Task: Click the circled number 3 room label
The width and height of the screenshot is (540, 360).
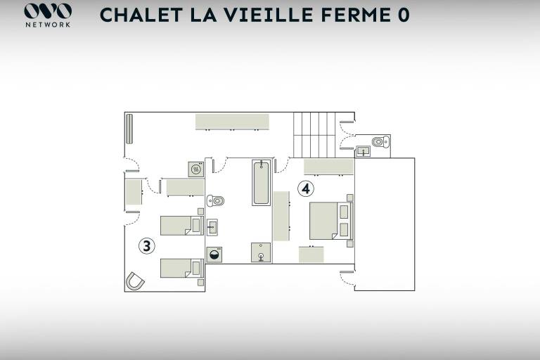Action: click(x=147, y=246)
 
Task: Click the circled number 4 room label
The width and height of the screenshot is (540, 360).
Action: click(x=305, y=188)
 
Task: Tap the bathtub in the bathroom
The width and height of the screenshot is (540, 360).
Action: click(x=261, y=182)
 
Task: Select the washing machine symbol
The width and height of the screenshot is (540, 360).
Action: click(x=214, y=255)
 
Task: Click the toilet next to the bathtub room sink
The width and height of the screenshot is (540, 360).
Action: click(x=215, y=200)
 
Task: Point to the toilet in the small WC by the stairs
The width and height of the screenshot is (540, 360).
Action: click(x=381, y=141)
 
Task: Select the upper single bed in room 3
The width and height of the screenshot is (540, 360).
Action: click(x=182, y=226)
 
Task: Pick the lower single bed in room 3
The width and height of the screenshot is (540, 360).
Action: click(x=182, y=268)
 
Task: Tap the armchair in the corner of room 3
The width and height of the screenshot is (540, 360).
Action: click(x=135, y=281)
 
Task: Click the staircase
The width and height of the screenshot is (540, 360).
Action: click(x=314, y=135)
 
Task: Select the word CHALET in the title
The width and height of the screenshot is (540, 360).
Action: click(x=141, y=15)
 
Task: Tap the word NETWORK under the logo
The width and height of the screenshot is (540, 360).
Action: click(x=48, y=25)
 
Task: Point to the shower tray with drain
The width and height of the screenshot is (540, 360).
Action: click(x=261, y=252)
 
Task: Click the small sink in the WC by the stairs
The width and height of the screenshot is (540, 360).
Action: click(x=363, y=151)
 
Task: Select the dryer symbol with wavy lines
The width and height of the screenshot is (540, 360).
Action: click(x=196, y=169)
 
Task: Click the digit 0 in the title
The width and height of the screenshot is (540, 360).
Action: click(x=404, y=15)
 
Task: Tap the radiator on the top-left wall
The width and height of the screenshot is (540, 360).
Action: click(x=129, y=129)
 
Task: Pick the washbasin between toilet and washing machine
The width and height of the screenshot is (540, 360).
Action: click(x=212, y=227)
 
